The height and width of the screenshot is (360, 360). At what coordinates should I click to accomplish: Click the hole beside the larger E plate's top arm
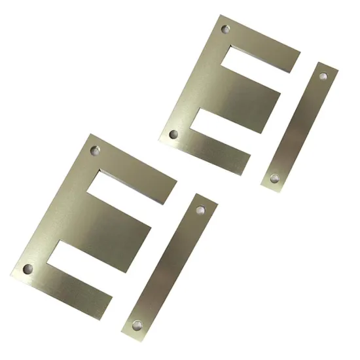[x=96, y=150]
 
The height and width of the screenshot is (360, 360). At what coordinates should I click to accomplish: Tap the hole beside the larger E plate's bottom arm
[x=27, y=268]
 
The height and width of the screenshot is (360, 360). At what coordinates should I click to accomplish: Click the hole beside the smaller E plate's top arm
[x=226, y=29]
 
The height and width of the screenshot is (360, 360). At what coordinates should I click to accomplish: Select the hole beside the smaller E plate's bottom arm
[x=173, y=135]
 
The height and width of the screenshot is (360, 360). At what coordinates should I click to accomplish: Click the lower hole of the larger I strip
[x=137, y=325]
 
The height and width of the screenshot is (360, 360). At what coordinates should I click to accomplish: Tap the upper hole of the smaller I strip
[x=323, y=76]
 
